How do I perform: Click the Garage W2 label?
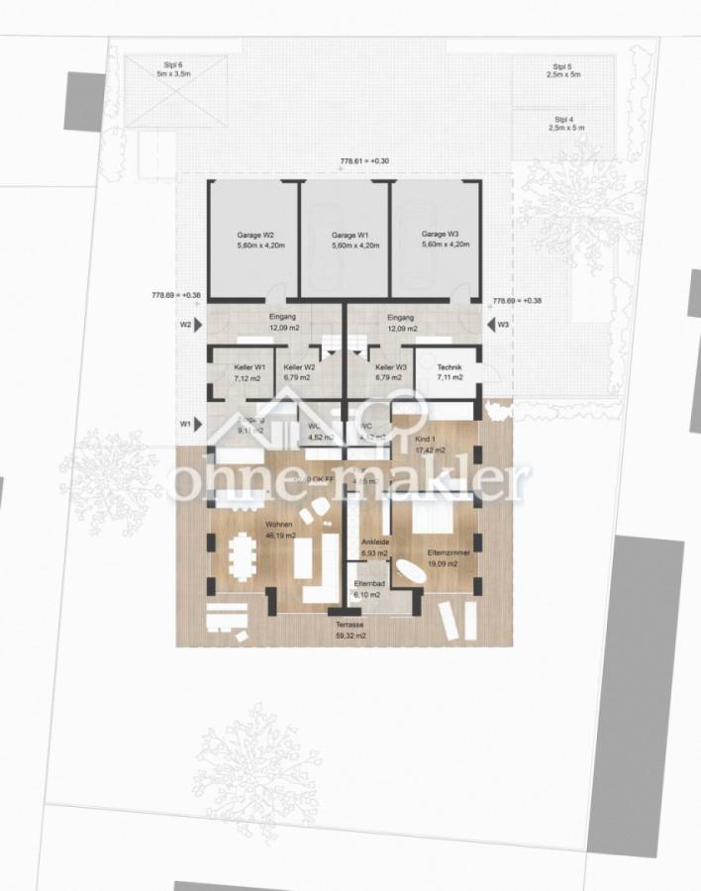[x=254, y=236]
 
